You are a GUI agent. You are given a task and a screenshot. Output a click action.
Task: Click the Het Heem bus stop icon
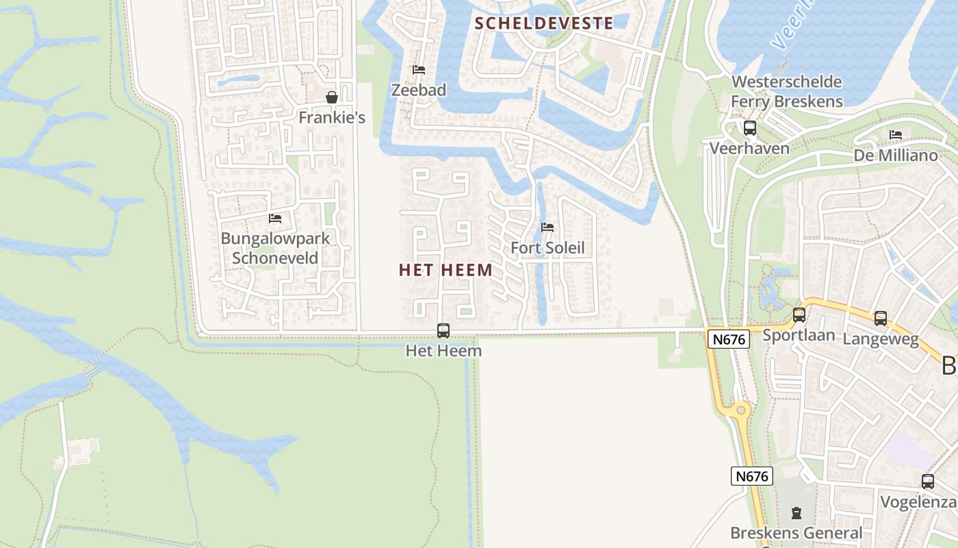tap(443, 331)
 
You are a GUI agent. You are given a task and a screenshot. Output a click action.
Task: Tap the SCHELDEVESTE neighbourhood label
tap(544, 23)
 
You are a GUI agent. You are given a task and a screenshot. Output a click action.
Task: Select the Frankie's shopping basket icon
tap(332, 97)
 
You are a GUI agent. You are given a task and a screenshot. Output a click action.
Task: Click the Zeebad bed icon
tap(419, 70)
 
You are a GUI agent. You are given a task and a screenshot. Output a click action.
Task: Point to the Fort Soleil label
tap(547, 248)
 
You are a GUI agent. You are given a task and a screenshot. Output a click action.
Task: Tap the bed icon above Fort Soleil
tap(547, 227)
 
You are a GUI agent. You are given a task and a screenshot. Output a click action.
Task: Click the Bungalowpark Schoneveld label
tap(275, 248)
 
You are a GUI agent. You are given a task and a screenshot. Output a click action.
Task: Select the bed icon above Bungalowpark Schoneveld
tap(275, 219)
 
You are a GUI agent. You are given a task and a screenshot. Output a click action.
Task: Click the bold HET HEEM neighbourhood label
tap(445, 270)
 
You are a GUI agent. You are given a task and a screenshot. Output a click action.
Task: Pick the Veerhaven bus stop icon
tap(749, 128)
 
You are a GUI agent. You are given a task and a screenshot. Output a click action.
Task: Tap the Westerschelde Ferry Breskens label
tap(786, 92)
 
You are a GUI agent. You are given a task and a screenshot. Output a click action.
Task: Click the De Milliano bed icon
tap(896, 135)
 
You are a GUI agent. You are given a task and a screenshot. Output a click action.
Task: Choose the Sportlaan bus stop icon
tap(799, 315)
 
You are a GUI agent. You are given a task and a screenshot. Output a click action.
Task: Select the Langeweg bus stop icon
tap(881, 319)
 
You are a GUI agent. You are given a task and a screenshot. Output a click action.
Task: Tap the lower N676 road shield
tap(751, 476)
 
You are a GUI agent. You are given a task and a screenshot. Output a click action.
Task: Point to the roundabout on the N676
tap(739, 411)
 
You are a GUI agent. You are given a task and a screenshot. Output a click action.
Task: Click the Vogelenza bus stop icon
tap(927, 482)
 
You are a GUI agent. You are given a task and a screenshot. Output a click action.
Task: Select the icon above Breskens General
tap(796, 512)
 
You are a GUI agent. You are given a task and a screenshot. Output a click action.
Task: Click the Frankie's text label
tap(332, 118)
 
